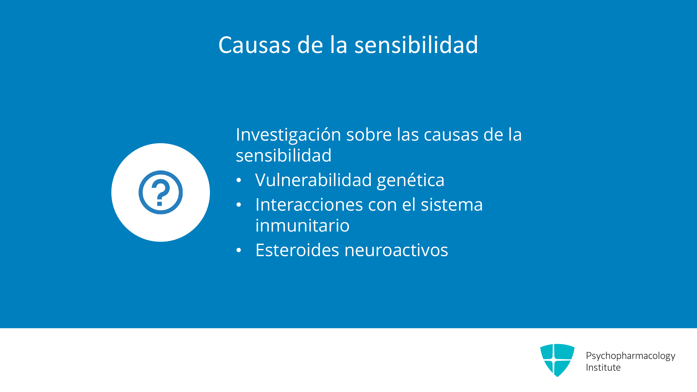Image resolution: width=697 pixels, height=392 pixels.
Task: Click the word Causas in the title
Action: (254, 45)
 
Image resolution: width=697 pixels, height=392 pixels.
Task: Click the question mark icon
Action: (160, 192)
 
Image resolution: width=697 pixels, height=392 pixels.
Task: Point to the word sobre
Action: (369, 134)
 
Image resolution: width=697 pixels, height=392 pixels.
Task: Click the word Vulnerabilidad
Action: (313, 180)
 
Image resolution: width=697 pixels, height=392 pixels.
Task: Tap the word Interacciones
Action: (309, 205)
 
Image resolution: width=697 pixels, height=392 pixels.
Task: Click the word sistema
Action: (452, 205)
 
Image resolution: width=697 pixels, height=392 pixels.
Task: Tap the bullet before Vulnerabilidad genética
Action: (238, 180)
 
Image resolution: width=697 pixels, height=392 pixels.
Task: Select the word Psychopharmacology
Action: (630, 356)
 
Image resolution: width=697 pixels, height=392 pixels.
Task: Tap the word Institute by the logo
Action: (603, 368)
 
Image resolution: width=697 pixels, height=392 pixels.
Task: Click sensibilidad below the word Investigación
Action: (284, 156)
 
